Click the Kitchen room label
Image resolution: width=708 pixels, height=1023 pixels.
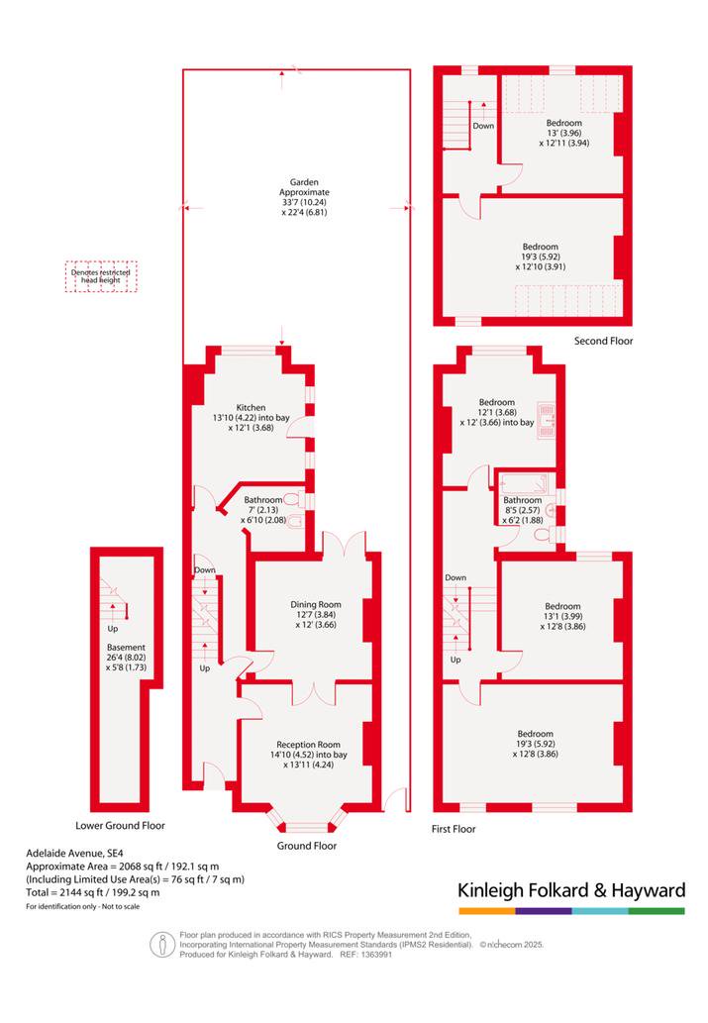tap(252, 407)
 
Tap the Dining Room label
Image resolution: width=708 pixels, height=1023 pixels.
tap(316, 604)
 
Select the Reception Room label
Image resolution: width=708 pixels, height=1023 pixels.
tap(308, 745)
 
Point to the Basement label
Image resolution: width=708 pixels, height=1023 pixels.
tap(126, 648)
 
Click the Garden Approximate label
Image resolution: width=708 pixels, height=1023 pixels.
tap(304, 187)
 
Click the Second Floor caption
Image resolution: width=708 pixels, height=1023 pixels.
tap(604, 341)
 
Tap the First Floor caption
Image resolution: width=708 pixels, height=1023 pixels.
tap(454, 829)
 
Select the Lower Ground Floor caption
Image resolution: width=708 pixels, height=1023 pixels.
tap(120, 825)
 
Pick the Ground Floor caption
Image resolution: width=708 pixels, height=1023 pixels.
tap(307, 846)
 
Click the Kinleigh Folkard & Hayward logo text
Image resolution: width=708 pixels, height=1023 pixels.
tap(571, 890)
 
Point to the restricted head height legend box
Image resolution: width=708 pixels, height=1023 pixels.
tap(101, 276)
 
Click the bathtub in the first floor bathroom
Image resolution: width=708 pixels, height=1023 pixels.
tap(524, 483)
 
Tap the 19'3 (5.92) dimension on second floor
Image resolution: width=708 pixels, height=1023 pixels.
tap(541, 256)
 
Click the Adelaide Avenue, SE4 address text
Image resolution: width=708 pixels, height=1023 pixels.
tap(74, 853)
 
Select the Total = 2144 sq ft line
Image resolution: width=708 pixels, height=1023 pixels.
tap(93, 892)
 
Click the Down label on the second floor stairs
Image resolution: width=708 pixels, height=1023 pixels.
tap(483, 126)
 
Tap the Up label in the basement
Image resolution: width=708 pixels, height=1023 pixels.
tap(113, 629)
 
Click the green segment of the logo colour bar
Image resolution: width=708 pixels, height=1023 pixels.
tap(657, 911)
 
